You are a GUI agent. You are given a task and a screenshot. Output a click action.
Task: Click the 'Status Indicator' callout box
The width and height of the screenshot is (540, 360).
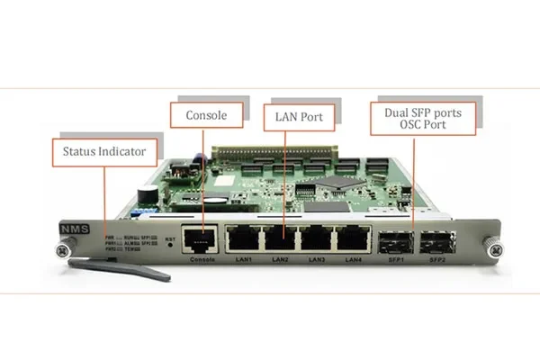(x=103, y=152)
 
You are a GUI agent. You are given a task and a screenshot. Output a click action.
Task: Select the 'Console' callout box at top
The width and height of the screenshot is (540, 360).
(x=206, y=114)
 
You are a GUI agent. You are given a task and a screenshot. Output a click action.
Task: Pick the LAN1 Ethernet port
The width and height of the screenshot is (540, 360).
(x=241, y=238)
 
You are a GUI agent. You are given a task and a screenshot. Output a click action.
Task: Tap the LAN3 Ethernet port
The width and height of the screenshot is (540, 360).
(x=316, y=238)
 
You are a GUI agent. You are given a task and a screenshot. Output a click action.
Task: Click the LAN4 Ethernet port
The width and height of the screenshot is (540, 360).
(x=353, y=238)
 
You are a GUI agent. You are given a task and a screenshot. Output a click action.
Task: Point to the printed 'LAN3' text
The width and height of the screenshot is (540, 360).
(x=316, y=260)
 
